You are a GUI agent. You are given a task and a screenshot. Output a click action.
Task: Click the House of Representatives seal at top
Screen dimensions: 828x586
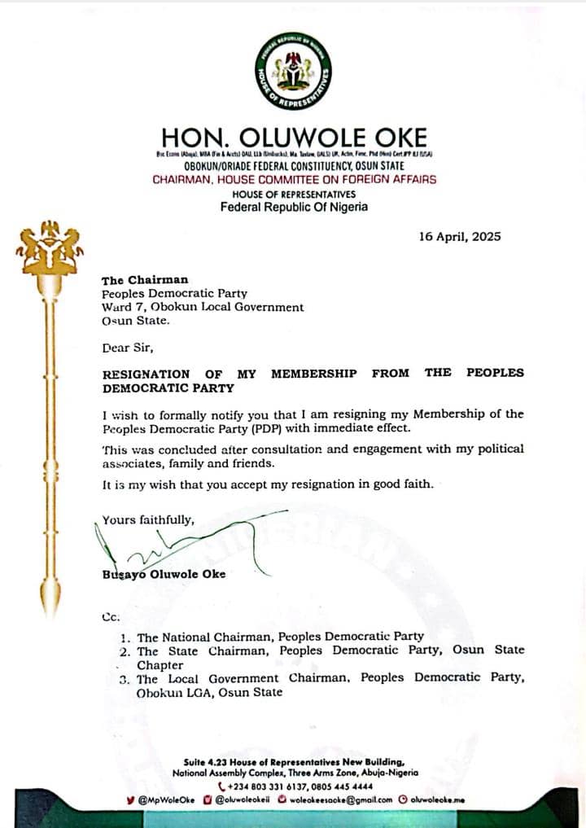tap(293, 72)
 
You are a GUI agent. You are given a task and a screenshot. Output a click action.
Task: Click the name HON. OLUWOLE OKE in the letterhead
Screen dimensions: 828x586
tap(293, 136)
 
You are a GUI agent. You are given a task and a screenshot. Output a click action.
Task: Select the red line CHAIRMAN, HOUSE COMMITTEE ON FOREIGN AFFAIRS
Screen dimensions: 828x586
tap(294, 179)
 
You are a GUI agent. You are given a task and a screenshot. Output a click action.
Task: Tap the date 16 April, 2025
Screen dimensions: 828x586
tap(460, 237)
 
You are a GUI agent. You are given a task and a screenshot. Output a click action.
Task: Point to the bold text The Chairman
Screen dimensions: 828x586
tap(145, 280)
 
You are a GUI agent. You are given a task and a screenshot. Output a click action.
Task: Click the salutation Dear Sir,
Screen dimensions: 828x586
tap(127, 348)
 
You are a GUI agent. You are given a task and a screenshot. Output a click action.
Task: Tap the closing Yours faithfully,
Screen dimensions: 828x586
tap(148, 519)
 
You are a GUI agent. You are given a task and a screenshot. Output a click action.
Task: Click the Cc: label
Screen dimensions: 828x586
tap(110, 617)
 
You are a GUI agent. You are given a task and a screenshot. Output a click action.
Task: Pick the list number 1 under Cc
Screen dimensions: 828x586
tap(124, 637)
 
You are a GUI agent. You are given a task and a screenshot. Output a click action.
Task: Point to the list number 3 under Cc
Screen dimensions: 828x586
tap(124, 679)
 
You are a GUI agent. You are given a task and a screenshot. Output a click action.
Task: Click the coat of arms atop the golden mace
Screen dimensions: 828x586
tap(50, 248)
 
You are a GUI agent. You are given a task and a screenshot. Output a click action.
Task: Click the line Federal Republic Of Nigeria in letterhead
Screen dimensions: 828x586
tap(294, 207)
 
